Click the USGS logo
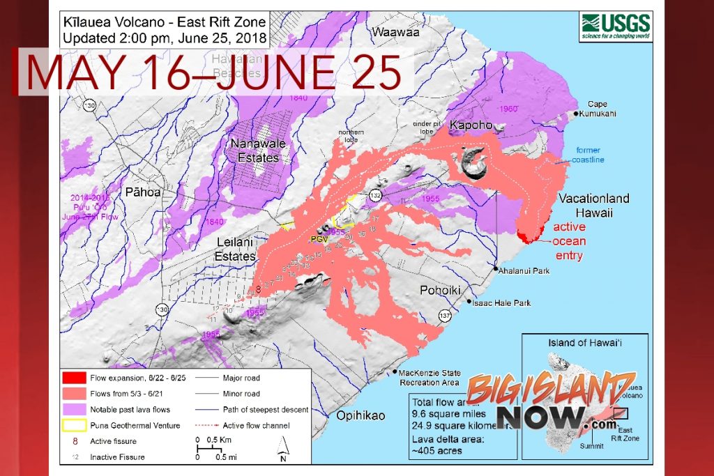[x=616, y=27]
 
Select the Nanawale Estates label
[x=255, y=151]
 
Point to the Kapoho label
[x=471, y=126]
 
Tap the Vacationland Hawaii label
[x=594, y=205]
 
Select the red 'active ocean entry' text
[x=569, y=241]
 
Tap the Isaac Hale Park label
[x=503, y=303]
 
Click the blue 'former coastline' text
[x=589, y=155]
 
